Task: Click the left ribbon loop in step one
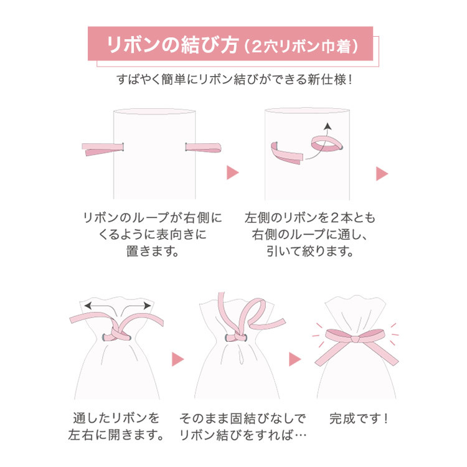103,149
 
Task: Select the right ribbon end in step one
204,148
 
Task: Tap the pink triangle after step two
380,173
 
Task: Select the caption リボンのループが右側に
153,219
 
